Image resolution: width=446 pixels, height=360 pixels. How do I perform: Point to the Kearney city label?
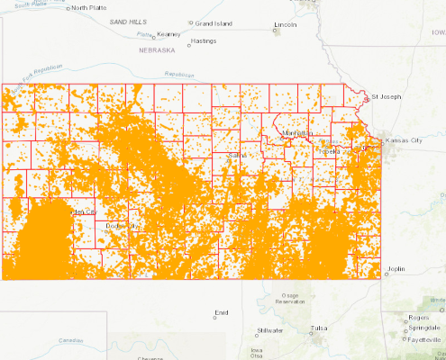tap(169, 34)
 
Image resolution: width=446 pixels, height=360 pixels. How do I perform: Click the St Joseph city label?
tap(387, 95)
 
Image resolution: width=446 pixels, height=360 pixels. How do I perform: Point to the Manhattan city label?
tap(296, 133)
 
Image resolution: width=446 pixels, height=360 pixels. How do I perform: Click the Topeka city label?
tap(329, 150)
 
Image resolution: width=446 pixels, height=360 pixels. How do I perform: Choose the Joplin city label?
tap(396, 268)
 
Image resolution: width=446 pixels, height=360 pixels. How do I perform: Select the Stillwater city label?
tap(269, 330)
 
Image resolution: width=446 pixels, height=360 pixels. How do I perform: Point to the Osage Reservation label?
tap(290, 299)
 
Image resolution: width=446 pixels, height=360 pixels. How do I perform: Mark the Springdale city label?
tap(423, 328)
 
